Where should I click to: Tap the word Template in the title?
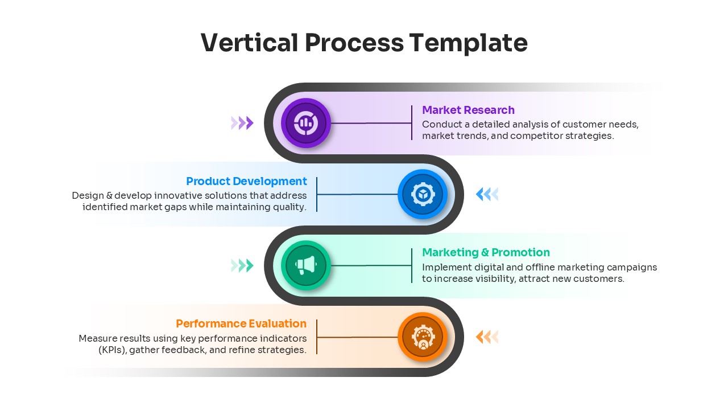point(468,43)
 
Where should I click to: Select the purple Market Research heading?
point(468,110)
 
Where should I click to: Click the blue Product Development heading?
point(246,181)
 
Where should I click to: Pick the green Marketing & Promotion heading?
point(486,252)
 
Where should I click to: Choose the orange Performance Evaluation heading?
point(241,323)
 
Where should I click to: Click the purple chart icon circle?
point(306,123)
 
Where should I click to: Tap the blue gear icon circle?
point(423,194)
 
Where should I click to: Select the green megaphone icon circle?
point(306,265)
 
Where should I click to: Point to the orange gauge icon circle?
point(423,337)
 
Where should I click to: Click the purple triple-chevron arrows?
point(242,123)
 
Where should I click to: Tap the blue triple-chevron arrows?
point(487,194)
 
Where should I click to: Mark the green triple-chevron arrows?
point(242,265)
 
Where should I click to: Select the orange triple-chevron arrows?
point(487,337)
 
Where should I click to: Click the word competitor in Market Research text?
point(534,136)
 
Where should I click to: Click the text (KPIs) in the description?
point(111,350)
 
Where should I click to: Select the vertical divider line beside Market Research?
point(412,122)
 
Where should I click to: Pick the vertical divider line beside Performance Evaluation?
point(317,337)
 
